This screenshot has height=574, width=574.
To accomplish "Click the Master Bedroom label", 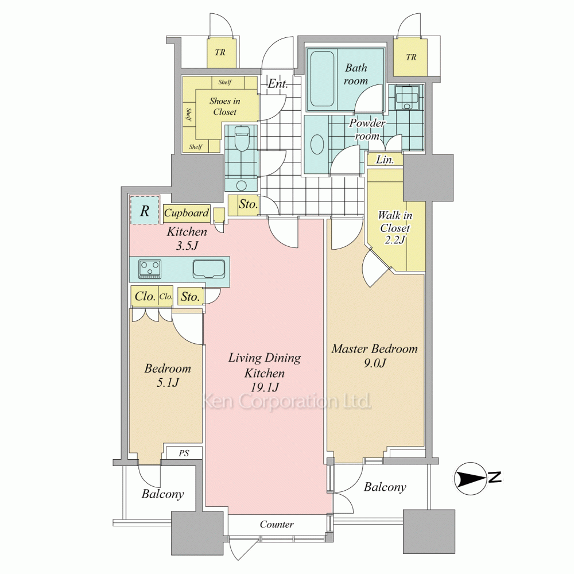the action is [374, 348].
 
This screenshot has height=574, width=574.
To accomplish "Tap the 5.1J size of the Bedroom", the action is [168, 383].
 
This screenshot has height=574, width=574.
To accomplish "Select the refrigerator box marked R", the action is [145, 210].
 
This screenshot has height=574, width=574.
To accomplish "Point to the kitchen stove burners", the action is [150, 269].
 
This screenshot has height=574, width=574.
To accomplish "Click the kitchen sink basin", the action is [209, 270].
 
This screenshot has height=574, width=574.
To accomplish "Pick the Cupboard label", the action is [187, 213].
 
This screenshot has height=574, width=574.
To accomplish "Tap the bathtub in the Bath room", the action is [322, 78].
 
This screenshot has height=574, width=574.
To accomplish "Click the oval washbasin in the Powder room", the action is [317, 144].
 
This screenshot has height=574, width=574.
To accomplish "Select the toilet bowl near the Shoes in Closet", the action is [241, 139].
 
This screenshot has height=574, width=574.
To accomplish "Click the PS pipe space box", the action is [184, 453].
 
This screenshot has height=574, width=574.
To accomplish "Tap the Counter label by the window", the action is [277, 524].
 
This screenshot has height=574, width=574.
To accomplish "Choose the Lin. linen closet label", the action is [385, 160].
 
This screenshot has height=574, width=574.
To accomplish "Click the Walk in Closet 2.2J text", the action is [395, 227].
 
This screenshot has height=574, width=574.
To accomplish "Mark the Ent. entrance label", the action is [277, 84].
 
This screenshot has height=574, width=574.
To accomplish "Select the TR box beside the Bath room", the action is [410, 57].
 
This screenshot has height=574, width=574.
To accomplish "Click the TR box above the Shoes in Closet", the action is [221, 52].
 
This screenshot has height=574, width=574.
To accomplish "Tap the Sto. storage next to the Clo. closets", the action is [191, 297].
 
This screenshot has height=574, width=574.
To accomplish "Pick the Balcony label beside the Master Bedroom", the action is [385, 487].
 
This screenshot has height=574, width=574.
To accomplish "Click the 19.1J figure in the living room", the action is [265, 387].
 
